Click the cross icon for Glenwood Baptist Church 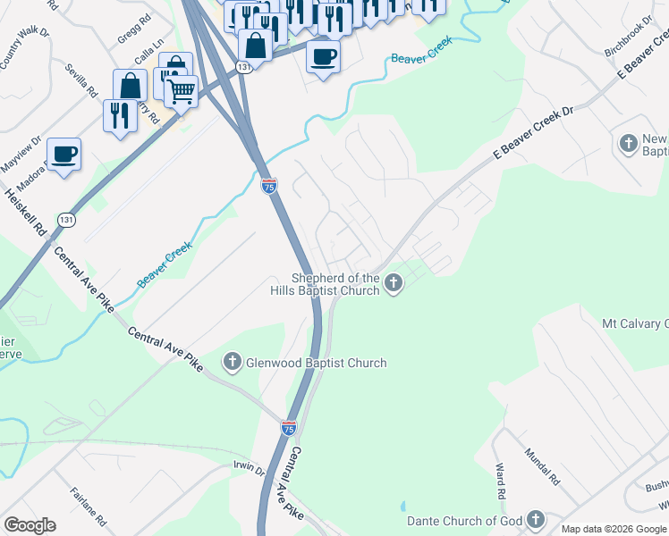click(x=232, y=362)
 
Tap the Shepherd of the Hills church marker click(x=393, y=284)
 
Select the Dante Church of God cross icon click(x=535, y=520)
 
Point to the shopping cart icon click(x=182, y=90)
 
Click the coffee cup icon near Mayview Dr click(x=64, y=154)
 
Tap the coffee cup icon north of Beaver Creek click(x=324, y=56)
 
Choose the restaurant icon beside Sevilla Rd click(x=119, y=114)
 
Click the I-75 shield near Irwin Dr click(x=288, y=429)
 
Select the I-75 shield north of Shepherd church click(x=269, y=185)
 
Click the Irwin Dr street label click(x=248, y=470)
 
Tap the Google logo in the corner click(x=30, y=525)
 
